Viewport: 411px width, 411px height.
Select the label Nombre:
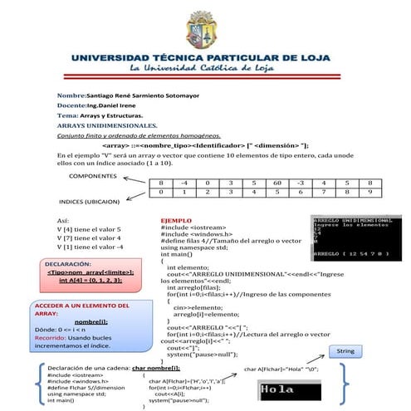pos(71,97)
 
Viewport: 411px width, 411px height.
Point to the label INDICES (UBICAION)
pos(88,202)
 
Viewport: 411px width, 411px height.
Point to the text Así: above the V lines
pos(62,220)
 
